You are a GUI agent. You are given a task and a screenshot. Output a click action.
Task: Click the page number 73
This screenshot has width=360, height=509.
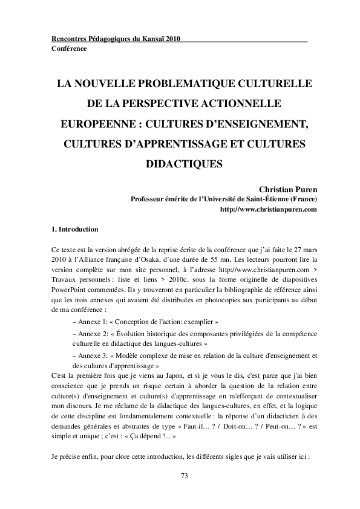185,477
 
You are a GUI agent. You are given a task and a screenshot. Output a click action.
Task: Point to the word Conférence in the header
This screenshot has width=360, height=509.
69,48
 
